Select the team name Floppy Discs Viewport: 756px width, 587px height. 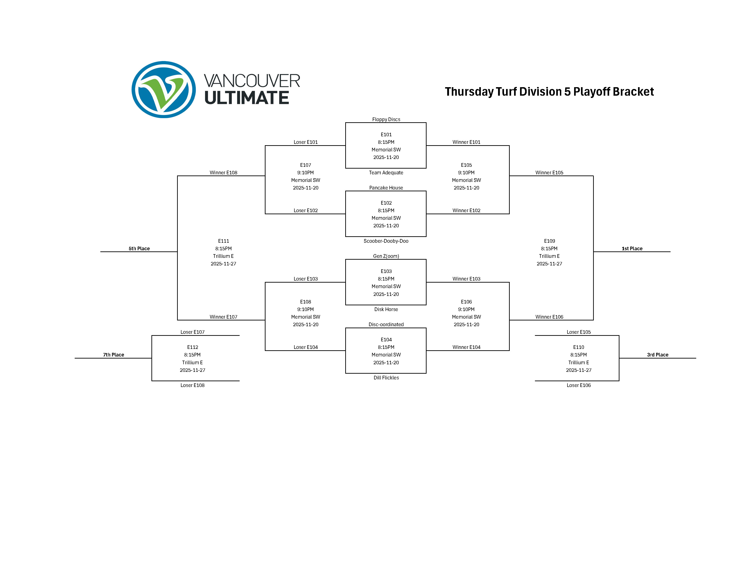(x=386, y=120)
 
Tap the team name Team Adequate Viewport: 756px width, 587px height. (x=386, y=172)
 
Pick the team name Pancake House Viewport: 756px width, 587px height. (x=386, y=188)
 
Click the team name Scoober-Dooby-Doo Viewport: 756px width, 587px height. (x=386, y=241)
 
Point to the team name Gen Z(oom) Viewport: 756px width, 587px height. (x=386, y=256)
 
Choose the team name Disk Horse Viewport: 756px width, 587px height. (x=386, y=309)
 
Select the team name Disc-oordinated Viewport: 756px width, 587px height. (x=386, y=325)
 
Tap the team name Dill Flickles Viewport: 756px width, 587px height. (x=386, y=378)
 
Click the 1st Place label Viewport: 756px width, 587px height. (x=632, y=248)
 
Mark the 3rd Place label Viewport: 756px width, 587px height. (x=657, y=355)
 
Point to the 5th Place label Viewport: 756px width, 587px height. (x=139, y=248)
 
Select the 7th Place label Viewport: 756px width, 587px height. (x=114, y=355)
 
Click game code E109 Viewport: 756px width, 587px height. (x=549, y=241)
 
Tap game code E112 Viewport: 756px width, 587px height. (x=192, y=347)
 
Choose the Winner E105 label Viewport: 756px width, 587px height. (x=549, y=172)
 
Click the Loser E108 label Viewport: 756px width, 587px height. (x=192, y=385)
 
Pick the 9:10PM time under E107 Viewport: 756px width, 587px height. (x=305, y=172)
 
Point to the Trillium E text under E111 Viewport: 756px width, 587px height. (x=223, y=256)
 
